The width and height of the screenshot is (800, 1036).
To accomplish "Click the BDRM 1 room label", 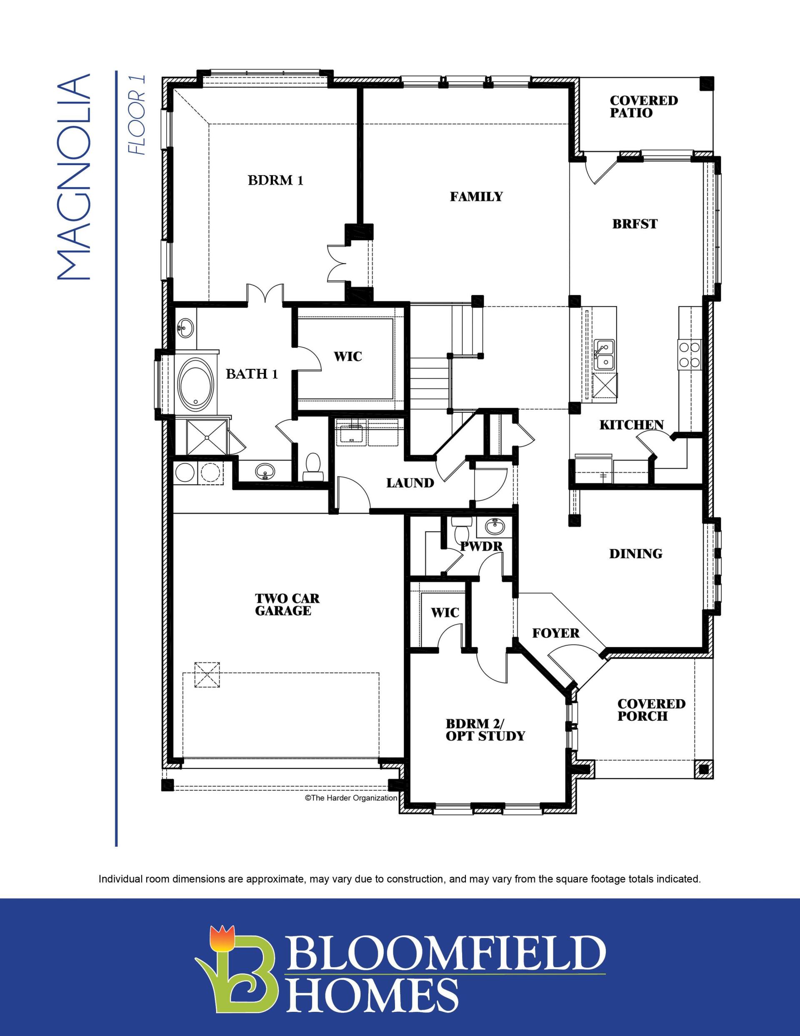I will (275, 181).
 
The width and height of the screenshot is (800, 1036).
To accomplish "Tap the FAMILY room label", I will (476, 196).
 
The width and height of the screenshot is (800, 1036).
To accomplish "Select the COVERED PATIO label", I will (643, 107).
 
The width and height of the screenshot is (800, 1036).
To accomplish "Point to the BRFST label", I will (635, 224).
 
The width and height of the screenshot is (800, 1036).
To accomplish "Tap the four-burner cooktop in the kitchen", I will (690, 354).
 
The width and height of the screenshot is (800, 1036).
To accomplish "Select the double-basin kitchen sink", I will (605, 354).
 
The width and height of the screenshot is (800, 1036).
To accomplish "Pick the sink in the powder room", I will (495, 526).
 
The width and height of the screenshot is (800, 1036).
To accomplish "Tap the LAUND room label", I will (410, 483).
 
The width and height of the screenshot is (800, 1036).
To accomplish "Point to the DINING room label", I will (635, 554).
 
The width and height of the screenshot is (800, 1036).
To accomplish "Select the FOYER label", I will (556, 633).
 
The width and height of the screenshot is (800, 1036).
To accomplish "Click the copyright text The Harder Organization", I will (350, 798).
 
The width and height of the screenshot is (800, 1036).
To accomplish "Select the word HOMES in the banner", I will (370, 991).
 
